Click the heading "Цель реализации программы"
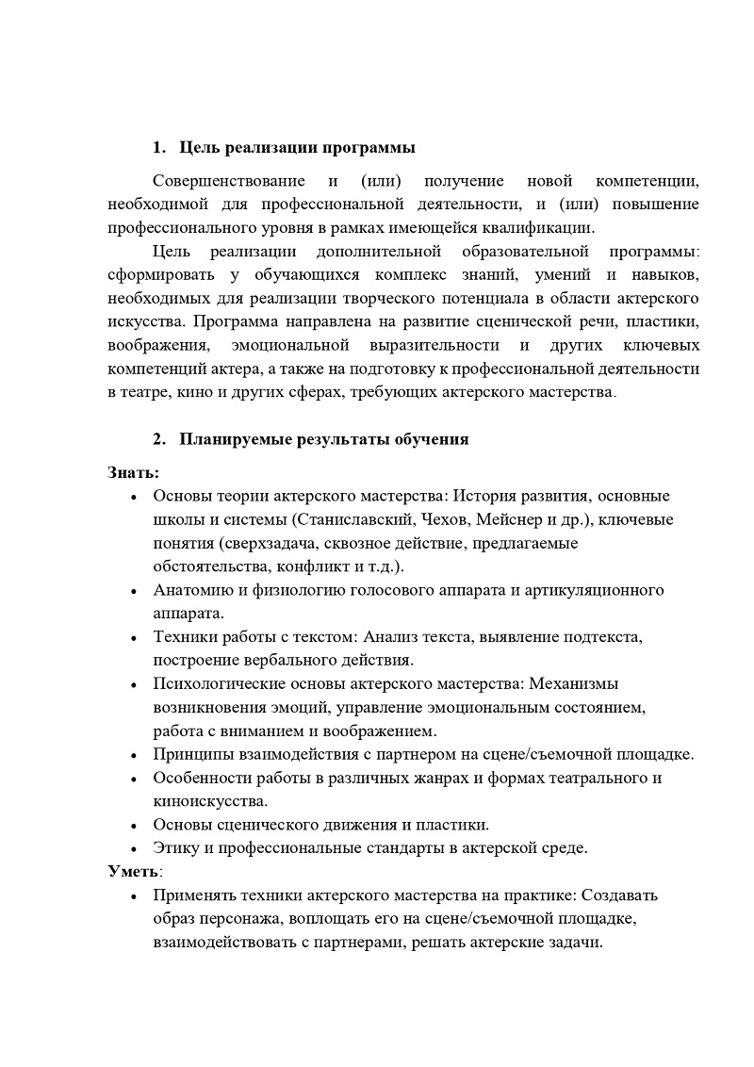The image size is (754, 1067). tap(297, 148)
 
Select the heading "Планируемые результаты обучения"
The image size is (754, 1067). tap(323, 439)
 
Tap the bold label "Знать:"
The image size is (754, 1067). tap(133, 471)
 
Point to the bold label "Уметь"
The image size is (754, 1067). tap(132, 870)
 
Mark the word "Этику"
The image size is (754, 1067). tap(175, 847)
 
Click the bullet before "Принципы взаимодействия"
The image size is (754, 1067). tap(134, 755)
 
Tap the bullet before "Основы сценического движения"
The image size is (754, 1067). tap(134, 826)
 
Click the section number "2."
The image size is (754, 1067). tap(160, 439)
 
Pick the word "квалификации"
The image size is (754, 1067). tap(544, 227)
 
